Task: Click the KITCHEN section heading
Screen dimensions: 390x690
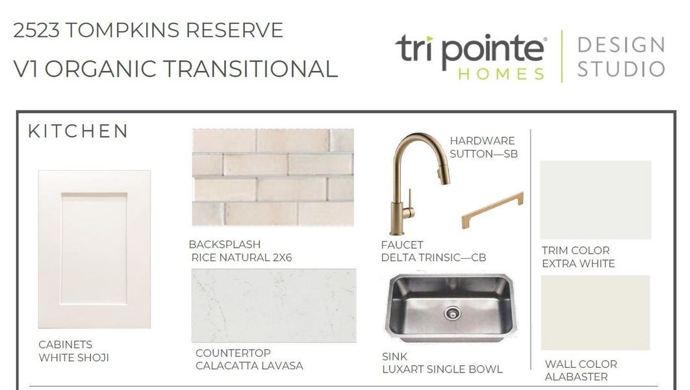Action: (78, 131)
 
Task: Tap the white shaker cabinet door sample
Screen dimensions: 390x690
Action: (94, 249)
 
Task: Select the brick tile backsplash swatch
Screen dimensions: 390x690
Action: (273, 177)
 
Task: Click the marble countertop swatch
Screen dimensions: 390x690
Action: (274, 305)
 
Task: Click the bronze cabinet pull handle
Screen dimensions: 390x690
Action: (492, 210)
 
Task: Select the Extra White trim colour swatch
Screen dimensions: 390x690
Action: (595, 200)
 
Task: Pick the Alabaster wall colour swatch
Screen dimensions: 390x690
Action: (595, 313)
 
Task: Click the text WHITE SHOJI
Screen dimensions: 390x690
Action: (73, 357)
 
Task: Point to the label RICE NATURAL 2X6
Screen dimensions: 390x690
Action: (242, 257)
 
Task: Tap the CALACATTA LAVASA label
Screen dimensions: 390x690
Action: (249, 366)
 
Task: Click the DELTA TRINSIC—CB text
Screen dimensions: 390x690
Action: (433, 258)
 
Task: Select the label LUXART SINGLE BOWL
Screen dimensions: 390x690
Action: (442, 369)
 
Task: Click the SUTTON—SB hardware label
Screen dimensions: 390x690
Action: (483, 154)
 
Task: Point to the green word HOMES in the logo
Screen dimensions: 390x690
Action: (501, 73)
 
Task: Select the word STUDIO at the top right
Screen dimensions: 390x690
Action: (620, 69)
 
